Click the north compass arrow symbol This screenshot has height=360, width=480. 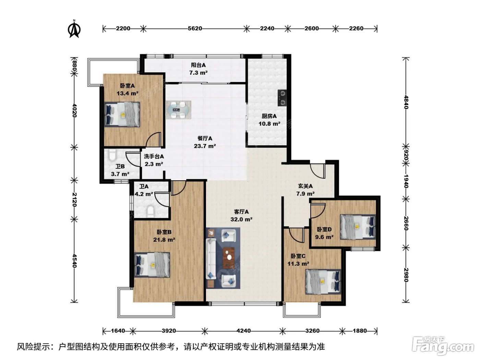(74, 29)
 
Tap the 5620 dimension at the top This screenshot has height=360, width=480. (195, 28)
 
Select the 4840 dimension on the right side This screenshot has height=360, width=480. (406, 102)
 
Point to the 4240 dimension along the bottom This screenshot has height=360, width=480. (243, 331)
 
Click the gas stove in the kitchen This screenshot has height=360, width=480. (282, 98)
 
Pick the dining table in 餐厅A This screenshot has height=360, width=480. (178, 110)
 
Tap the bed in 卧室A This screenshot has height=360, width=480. (122, 114)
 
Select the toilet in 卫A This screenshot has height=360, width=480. (151, 211)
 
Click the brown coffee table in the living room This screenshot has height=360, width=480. (229, 257)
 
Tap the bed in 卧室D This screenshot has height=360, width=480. (358, 227)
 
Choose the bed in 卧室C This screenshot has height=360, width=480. (323, 282)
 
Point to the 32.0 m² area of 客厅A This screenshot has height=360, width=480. (241, 219)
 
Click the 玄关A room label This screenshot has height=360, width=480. (305, 186)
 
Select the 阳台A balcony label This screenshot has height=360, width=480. (198, 65)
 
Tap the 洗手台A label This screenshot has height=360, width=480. (154, 156)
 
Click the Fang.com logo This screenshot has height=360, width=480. (443, 346)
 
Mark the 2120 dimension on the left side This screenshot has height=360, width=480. (74, 199)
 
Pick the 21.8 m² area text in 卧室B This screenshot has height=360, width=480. (164, 240)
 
